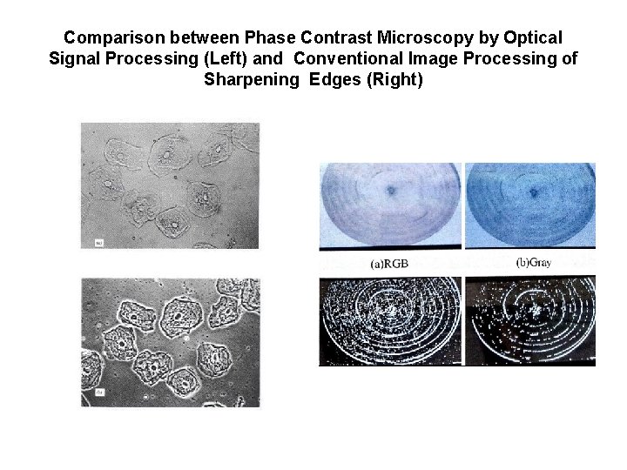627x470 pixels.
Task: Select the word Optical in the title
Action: (530, 38)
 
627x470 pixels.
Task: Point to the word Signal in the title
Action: (78, 59)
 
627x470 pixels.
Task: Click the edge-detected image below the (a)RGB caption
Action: (391, 320)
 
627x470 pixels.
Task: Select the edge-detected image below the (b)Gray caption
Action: (530, 320)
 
